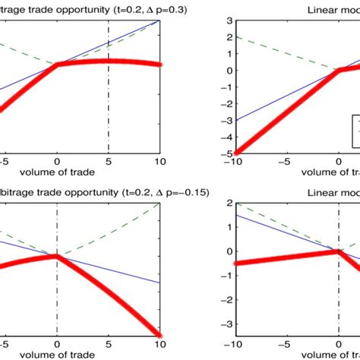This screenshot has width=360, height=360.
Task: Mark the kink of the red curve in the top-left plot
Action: (57, 66)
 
